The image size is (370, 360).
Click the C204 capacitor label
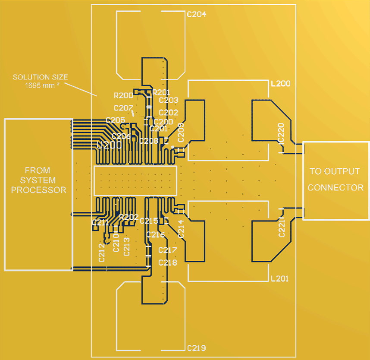coord(196,14)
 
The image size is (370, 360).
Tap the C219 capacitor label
coord(196,348)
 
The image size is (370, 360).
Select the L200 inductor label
coord(280,84)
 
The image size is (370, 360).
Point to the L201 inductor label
coord(279,279)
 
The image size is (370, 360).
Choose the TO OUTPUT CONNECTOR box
coord(336,180)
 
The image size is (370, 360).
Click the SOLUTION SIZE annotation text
coord(40,77)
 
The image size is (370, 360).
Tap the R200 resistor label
coord(123,95)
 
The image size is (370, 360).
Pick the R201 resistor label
coord(161,92)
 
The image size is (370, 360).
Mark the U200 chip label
coord(109,145)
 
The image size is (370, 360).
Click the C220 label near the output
coord(281,133)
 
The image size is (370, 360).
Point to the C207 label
coord(123,107)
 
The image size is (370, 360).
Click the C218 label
coord(168,262)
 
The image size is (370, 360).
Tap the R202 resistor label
coord(129,217)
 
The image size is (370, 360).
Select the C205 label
coord(115,120)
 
